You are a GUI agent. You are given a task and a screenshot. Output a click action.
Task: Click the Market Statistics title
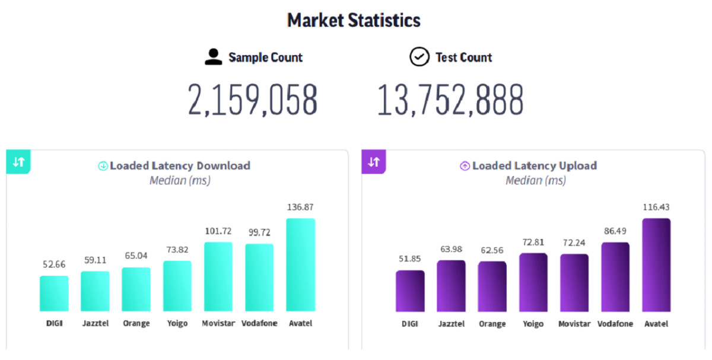coord(354,20)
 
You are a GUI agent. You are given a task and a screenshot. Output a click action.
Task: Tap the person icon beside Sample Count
coord(213,57)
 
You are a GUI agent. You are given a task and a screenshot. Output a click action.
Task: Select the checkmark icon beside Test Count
coord(419,57)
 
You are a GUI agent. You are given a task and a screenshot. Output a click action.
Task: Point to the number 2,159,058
coord(253,100)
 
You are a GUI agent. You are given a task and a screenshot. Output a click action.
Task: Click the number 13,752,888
coord(450,100)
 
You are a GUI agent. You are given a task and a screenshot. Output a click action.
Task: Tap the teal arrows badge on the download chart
coord(18,162)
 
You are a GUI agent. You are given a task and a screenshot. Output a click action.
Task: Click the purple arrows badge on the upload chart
coord(374,162)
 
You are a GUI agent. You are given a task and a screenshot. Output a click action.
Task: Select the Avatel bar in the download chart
coord(301,265)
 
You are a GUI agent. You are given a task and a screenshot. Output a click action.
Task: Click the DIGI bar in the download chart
coord(54,294)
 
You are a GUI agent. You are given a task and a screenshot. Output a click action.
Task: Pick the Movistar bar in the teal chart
coord(218,276)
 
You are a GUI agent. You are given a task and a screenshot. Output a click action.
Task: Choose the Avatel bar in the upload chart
coord(656,265)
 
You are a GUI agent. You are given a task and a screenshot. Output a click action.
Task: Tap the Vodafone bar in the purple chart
coord(615,277)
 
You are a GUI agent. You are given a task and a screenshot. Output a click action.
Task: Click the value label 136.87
coord(301,207)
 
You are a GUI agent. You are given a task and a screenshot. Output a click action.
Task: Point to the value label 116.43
coord(656,207)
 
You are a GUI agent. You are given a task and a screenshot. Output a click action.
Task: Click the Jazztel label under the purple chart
coord(452,324)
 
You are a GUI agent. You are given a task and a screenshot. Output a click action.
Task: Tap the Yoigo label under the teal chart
coord(177,324)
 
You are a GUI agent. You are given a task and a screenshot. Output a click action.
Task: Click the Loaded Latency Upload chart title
coord(534,165)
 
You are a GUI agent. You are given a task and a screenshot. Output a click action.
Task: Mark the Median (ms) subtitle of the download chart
coord(180,180)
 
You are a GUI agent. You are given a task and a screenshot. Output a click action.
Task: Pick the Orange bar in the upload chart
coord(492,286)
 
